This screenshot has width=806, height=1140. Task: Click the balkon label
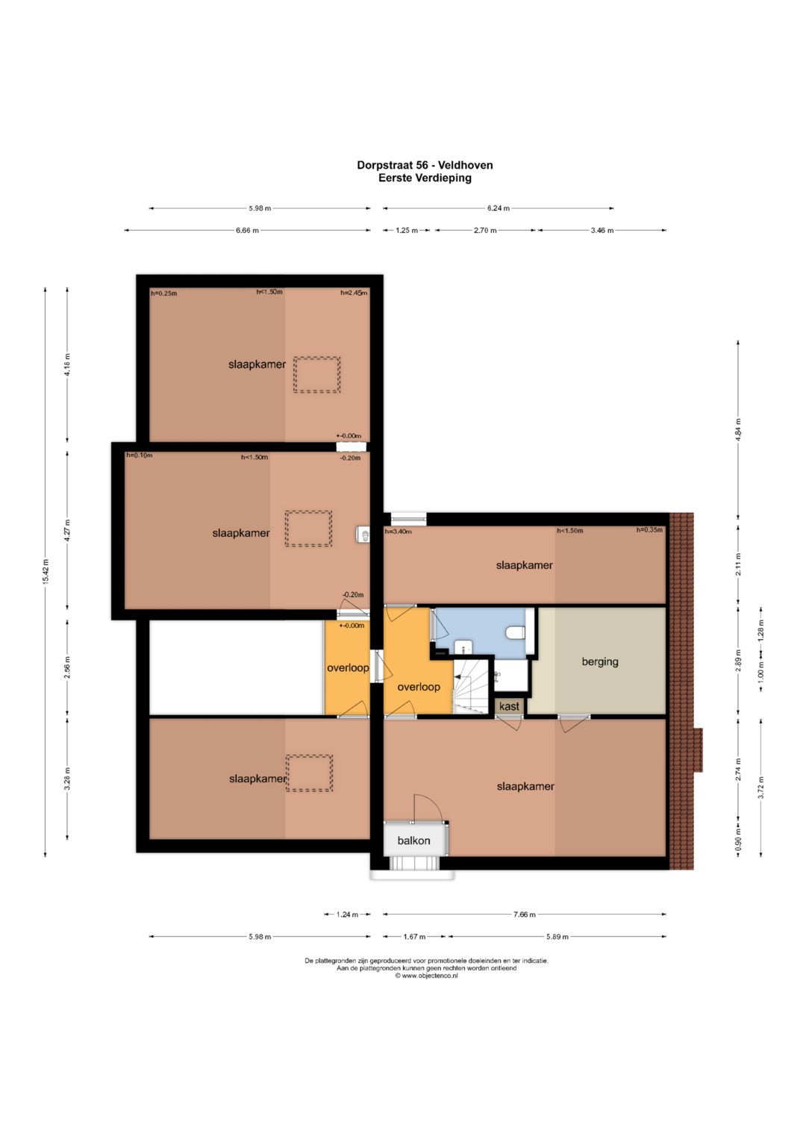click(x=413, y=840)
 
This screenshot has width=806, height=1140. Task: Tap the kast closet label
click(x=509, y=706)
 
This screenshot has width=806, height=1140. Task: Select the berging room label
click(x=600, y=661)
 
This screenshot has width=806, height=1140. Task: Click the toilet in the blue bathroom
click(x=515, y=632)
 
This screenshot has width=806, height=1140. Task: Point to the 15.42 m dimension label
click(x=46, y=572)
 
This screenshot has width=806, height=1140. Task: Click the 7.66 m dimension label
click(x=524, y=915)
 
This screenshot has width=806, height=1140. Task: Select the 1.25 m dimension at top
click(x=407, y=231)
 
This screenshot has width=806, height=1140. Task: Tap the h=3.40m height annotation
click(x=398, y=532)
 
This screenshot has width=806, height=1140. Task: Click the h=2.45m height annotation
click(x=354, y=293)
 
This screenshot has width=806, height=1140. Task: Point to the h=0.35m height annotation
click(x=649, y=530)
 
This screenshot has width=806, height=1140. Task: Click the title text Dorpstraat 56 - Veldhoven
click(x=425, y=165)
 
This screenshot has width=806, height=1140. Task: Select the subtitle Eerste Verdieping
click(x=425, y=178)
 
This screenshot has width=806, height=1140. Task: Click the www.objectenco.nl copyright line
click(x=426, y=976)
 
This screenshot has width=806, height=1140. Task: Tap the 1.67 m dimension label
click(x=414, y=936)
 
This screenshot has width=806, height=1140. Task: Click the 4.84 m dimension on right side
click(x=738, y=430)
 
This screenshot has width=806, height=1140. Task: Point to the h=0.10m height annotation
click(x=140, y=455)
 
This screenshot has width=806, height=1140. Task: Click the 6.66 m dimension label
click(x=247, y=231)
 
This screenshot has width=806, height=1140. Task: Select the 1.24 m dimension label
click(x=347, y=915)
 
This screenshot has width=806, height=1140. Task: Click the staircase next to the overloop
click(x=471, y=685)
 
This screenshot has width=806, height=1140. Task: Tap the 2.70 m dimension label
click(x=485, y=231)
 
